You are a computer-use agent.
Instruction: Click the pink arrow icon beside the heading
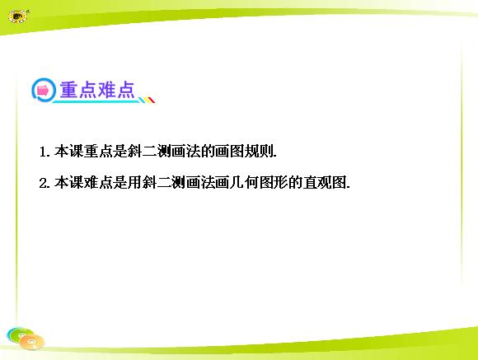tap(43, 91)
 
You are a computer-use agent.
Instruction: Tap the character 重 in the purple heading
tap(69, 90)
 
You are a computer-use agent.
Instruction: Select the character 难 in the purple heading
tap(106, 90)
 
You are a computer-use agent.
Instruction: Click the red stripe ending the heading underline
tap(152, 100)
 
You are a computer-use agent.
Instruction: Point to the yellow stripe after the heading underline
tap(147, 100)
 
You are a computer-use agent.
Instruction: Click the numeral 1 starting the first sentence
tap(43, 152)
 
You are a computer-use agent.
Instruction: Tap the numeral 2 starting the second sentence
tap(43, 184)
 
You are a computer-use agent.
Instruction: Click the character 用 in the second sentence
tap(134, 183)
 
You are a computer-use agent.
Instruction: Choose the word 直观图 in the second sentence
tap(325, 183)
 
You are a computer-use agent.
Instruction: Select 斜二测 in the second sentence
tap(164, 183)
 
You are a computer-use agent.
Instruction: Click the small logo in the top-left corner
tap(18, 16)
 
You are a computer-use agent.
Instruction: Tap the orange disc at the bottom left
tap(31, 342)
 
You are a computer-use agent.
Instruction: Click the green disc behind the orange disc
tap(19, 334)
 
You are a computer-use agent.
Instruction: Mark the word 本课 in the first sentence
tap(69, 152)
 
